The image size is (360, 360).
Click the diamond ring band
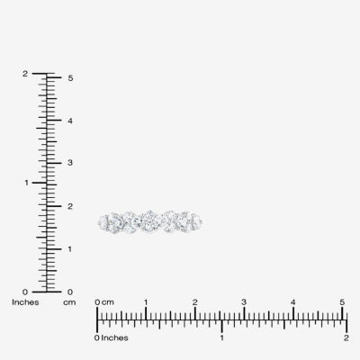click(x=150, y=222)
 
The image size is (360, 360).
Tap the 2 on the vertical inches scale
click(x=25, y=74)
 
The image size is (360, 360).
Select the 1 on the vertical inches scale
click(x=26, y=183)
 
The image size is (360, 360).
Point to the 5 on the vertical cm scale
click(x=70, y=78)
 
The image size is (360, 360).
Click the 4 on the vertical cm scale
click(x=70, y=121)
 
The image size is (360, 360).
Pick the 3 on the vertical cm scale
click(x=70, y=163)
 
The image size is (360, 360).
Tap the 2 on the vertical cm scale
click(x=70, y=206)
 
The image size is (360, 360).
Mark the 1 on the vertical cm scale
click(x=69, y=249)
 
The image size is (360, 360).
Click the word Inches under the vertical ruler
click(x=25, y=302)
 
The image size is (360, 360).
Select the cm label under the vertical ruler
click(x=69, y=302)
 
